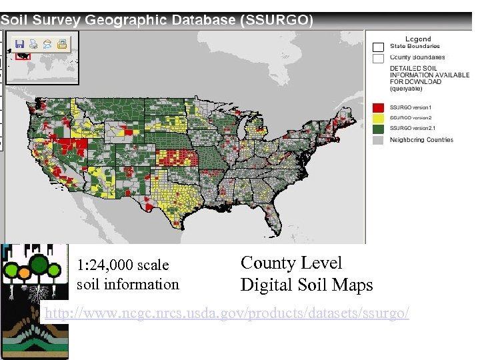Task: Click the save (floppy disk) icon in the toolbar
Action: pos(19,45)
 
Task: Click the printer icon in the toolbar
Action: pos(33,45)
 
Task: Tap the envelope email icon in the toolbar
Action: pos(47,45)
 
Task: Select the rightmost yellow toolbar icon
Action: pos(61,45)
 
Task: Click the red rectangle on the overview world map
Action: pos(24,57)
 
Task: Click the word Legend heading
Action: pos(418,39)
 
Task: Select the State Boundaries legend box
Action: pos(379,47)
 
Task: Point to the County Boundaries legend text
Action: pos(417,57)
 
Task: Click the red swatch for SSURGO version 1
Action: pos(379,107)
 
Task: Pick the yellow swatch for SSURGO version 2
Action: pos(379,117)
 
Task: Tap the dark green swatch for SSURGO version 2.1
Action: pos(379,128)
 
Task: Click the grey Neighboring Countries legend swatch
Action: pos(379,140)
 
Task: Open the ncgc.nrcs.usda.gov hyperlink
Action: pos(226,313)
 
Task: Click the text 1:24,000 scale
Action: pos(123,265)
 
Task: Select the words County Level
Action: pos(291,263)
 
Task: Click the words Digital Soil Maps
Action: pos(306,285)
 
